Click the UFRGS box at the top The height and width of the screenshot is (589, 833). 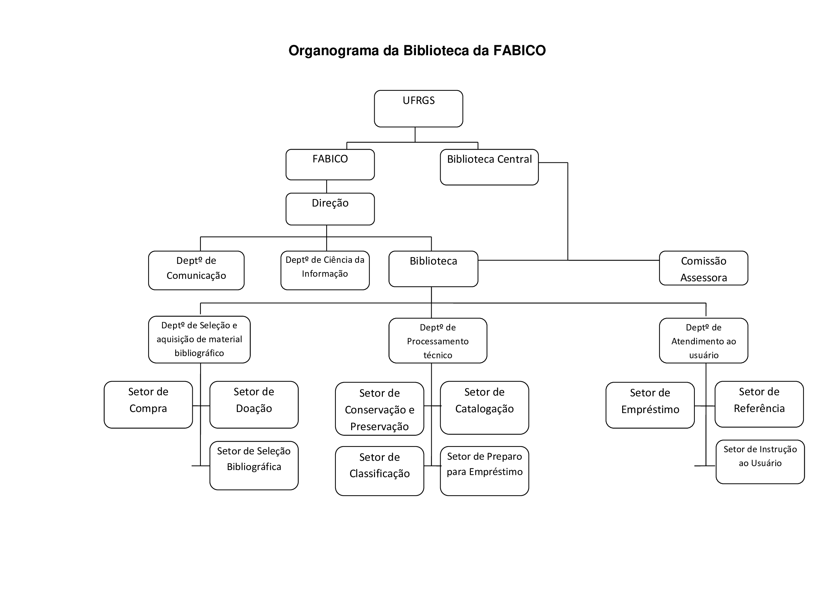[x=418, y=109]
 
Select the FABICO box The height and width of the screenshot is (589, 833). [x=330, y=164]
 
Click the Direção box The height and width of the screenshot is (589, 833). [x=330, y=209]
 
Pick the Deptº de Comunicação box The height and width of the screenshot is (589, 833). [x=196, y=270]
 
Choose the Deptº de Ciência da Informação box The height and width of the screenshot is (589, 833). [x=325, y=270]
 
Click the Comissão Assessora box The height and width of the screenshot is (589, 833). [x=703, y=268]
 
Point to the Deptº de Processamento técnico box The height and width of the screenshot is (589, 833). [x=438, y=340]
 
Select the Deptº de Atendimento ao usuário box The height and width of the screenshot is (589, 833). [x=703, y=340]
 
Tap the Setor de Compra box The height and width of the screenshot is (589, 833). [x=148, y=405]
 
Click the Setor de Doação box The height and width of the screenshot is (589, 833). [x=254, y=405]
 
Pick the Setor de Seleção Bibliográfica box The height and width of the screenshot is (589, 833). [x=254, y=465]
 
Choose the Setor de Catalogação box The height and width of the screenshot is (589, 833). [x=484, y=407]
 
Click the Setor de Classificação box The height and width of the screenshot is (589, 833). [x=380, y=471]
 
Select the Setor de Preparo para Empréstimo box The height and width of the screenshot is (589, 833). [x=484, y=471]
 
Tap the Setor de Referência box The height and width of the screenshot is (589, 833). [x=759, y=404]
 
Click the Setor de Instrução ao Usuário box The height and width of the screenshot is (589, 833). [x=760, y=462]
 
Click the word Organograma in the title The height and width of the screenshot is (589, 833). [x=333, y=51]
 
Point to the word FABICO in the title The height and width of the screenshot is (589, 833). [x=519, y=51]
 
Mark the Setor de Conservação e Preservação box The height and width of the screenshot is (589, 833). [x=380, y=409]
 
